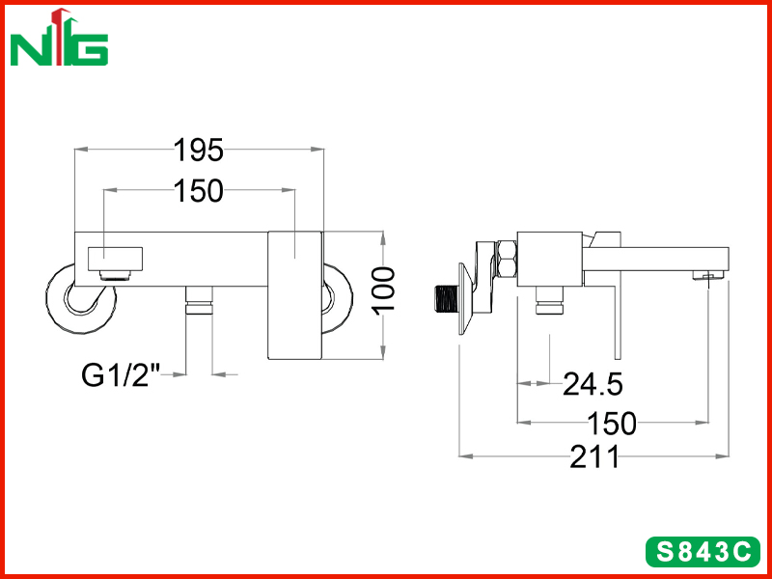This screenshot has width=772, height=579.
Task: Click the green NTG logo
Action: click(x=59, y=38)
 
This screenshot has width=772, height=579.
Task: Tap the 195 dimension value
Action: click(x=199, y=150)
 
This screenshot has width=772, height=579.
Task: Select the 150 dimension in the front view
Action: click(x=199, y=191)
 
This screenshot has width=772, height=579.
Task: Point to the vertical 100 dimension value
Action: click(x=383, y=291)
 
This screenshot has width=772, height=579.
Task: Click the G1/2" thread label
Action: click(x=122, y=374)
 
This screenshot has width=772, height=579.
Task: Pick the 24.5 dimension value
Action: click(x=593, y=383)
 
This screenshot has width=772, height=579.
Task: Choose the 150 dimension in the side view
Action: click(x=612, y=423)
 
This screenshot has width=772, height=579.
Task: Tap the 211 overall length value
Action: click(x=593, y=456)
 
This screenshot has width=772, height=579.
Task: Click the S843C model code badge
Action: click(x=703, y=551)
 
